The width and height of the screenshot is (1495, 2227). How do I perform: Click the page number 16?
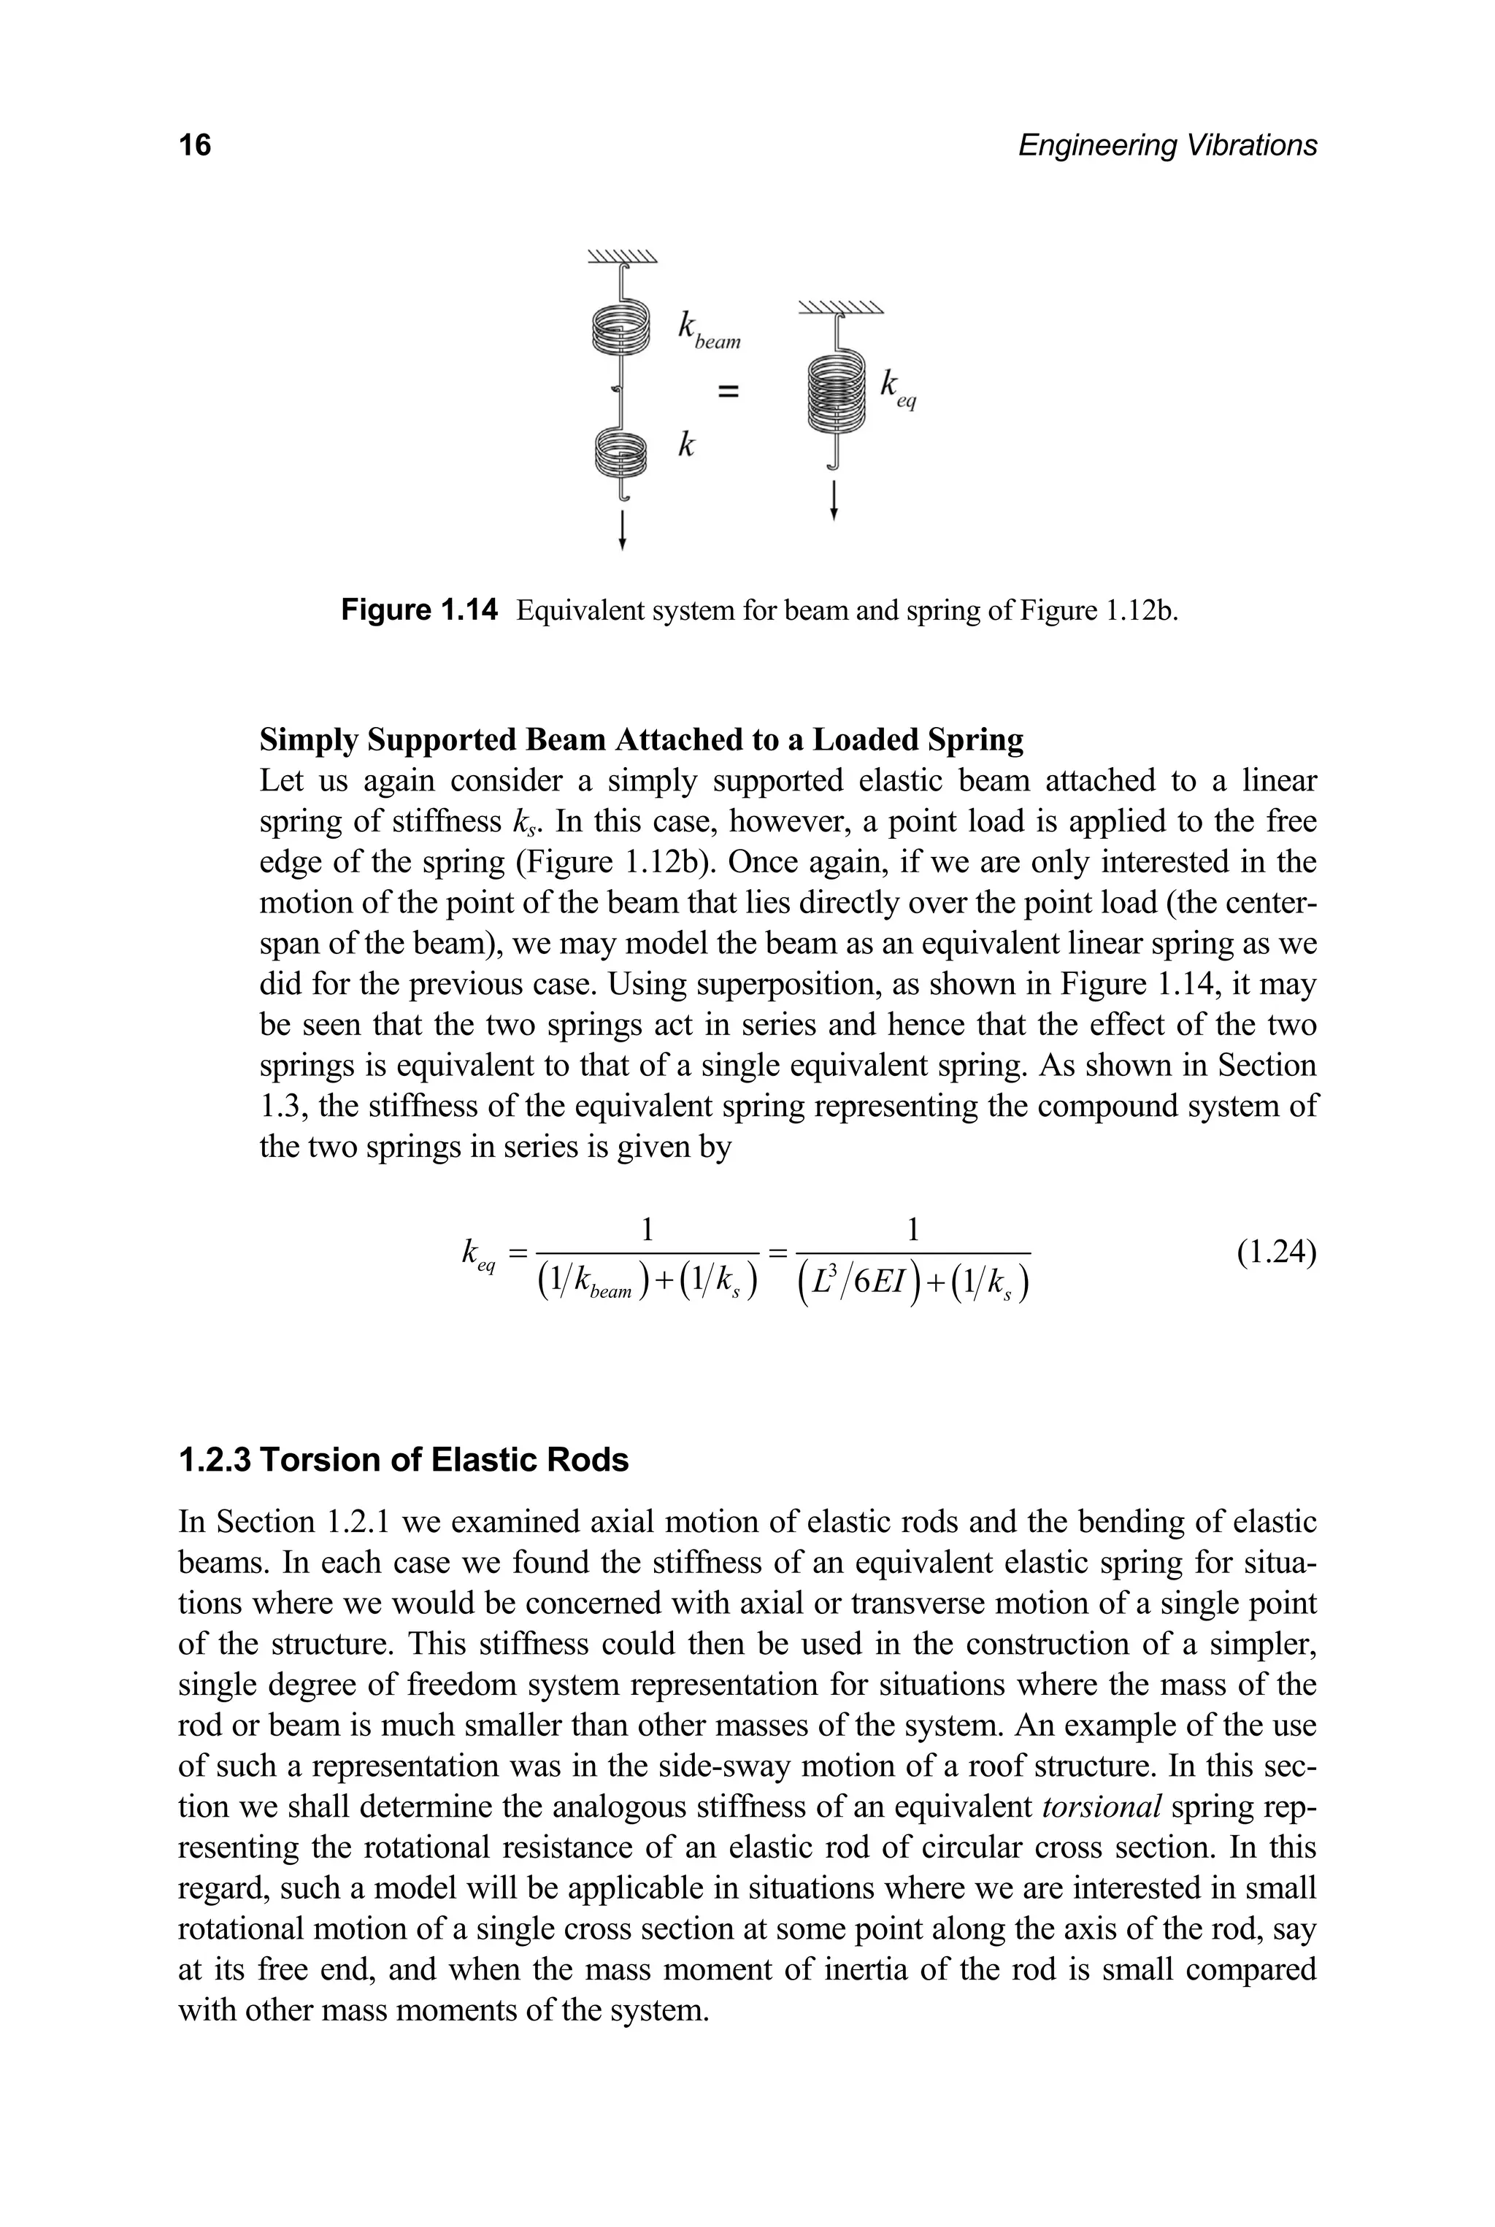tap(196, 145)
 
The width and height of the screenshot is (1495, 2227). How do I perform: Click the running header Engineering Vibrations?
tap(1167, 145)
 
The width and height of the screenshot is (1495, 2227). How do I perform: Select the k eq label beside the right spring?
tap(897, 388)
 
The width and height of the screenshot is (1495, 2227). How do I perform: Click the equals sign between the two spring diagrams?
tap(729, 389)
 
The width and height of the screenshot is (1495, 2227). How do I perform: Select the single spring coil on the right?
tap(836, 392)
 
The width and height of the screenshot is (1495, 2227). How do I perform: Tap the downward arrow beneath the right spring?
tap(835, 501)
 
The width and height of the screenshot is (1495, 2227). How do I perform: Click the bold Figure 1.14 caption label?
tap(420, 610)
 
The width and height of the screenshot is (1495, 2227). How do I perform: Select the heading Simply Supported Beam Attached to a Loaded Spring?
tap(642, 740)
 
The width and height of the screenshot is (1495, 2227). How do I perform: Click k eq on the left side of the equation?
tap(477, 1253)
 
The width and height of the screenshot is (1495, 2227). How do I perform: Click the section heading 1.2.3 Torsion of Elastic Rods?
tap(403, 1460)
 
